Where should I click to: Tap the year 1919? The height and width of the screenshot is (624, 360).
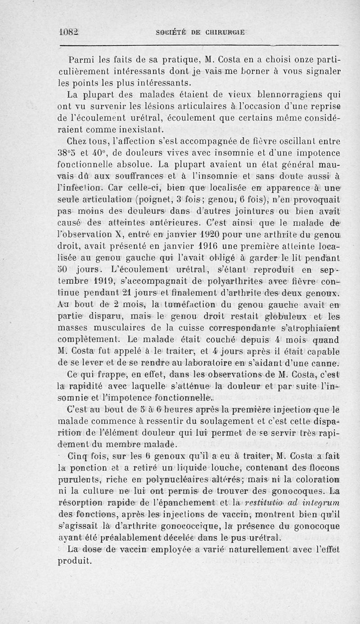[100, 282]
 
